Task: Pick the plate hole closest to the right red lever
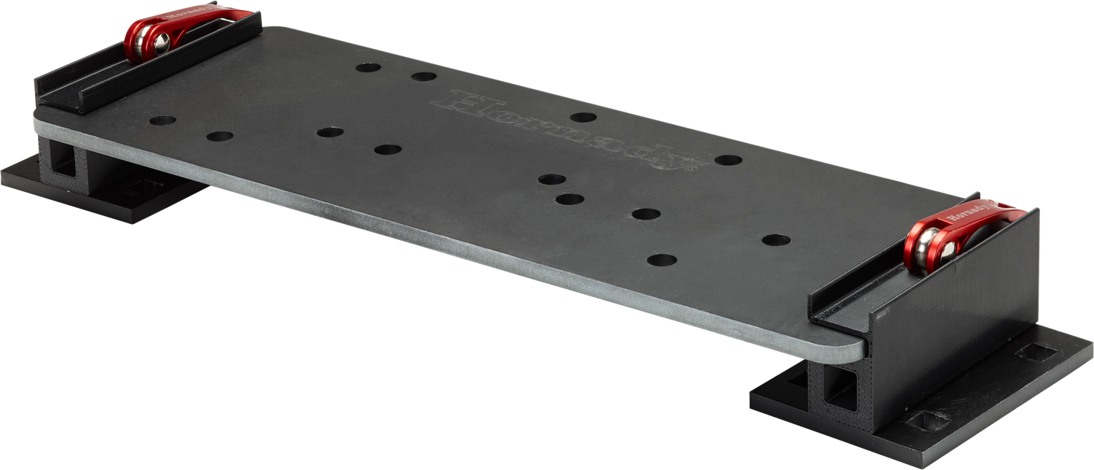coord(776,239)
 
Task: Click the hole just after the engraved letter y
coord(728,160)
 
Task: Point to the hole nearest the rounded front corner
coord(662,259)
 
